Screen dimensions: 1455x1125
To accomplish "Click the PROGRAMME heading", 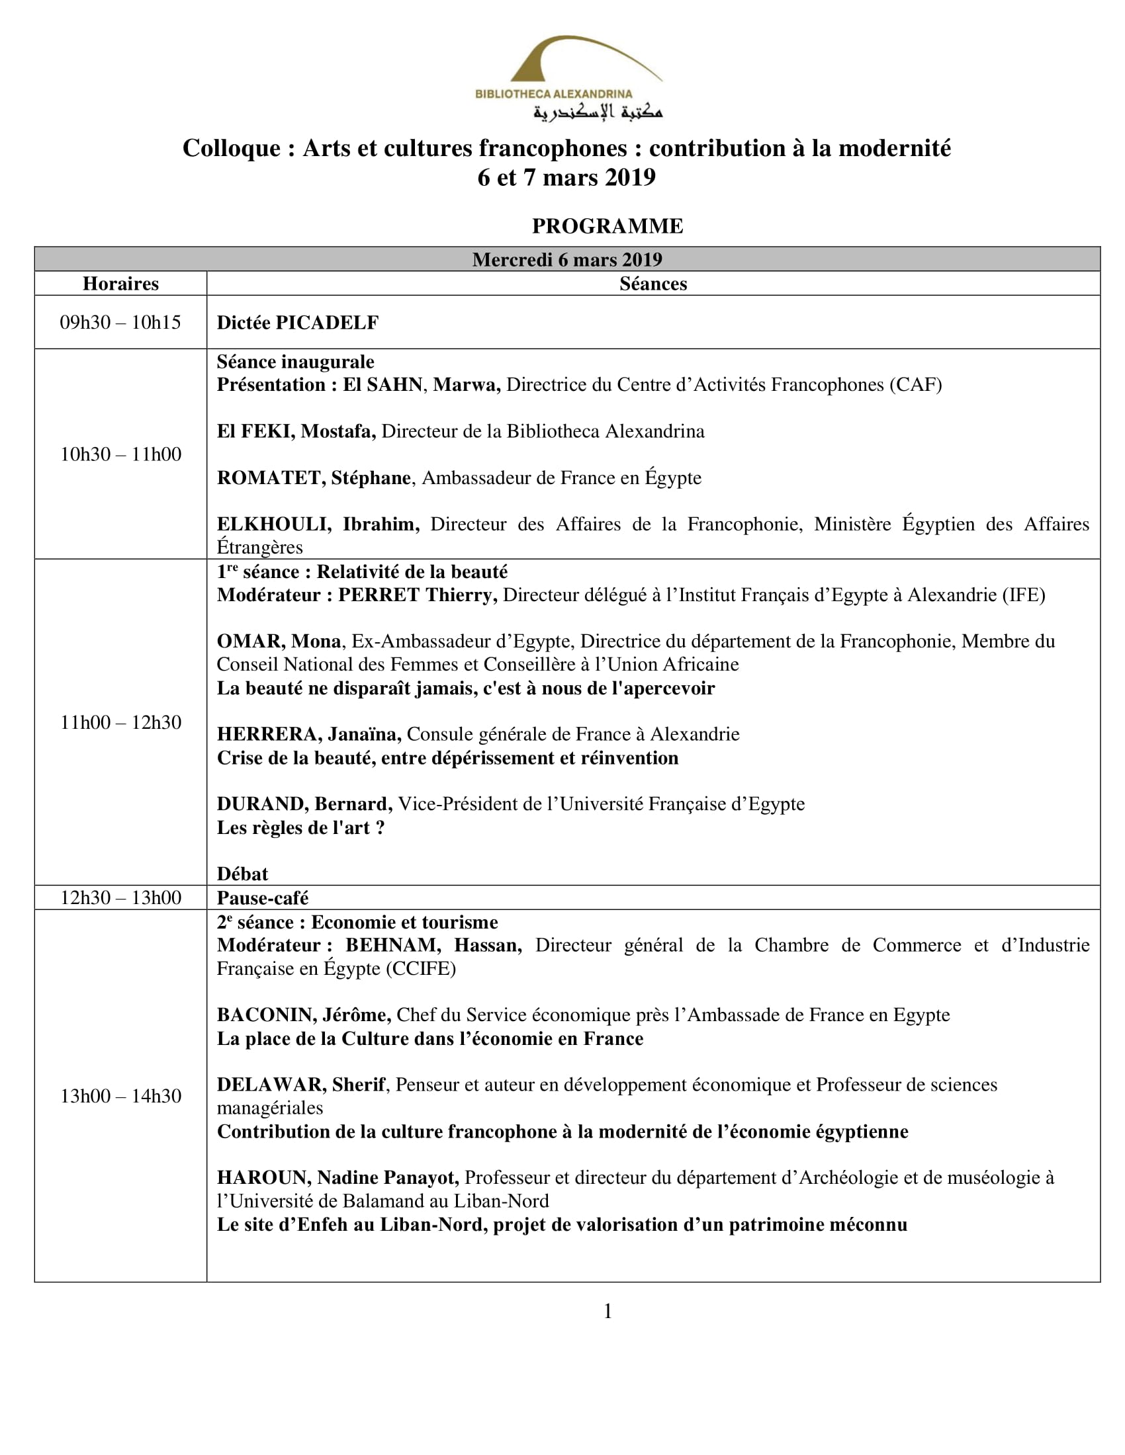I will pos(607,226).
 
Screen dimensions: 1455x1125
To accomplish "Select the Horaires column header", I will pos(120,284).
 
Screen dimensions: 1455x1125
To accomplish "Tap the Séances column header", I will pos(652,284).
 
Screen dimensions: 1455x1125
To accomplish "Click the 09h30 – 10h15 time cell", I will pos(120,323).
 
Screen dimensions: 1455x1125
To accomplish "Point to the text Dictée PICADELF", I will pos(297,323).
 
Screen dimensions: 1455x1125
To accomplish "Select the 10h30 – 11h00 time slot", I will pos(120,454).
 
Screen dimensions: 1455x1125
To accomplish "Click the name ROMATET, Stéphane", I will pos(313,478).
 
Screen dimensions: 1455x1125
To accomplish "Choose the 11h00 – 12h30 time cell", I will pos(120,722).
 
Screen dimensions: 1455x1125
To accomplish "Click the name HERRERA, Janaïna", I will pos(308,734).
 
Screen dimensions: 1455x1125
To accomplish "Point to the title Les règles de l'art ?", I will pos(300,827).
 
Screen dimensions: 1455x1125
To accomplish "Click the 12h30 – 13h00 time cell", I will pos(120,897).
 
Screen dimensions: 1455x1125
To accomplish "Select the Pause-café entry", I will pos(263,898).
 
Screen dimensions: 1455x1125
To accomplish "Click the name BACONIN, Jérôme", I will pos(304,1015).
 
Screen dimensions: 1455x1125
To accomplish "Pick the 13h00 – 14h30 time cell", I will pos(120,1096).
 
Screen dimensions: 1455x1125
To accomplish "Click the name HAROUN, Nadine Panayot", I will pos(337,1178).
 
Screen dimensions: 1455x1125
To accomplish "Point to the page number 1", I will pos(607,1311).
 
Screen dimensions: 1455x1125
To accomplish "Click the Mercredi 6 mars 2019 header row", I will pos(567,259).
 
